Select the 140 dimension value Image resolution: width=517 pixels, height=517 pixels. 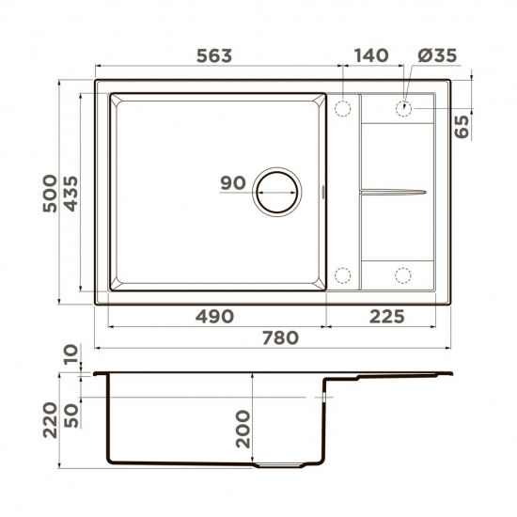[371, 55]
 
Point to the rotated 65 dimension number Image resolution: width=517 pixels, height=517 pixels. [462, 124]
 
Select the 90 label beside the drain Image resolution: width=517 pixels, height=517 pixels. [232, 183]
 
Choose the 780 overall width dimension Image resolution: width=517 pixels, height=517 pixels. [279, 337]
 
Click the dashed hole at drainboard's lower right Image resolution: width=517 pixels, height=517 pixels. [403, 274]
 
